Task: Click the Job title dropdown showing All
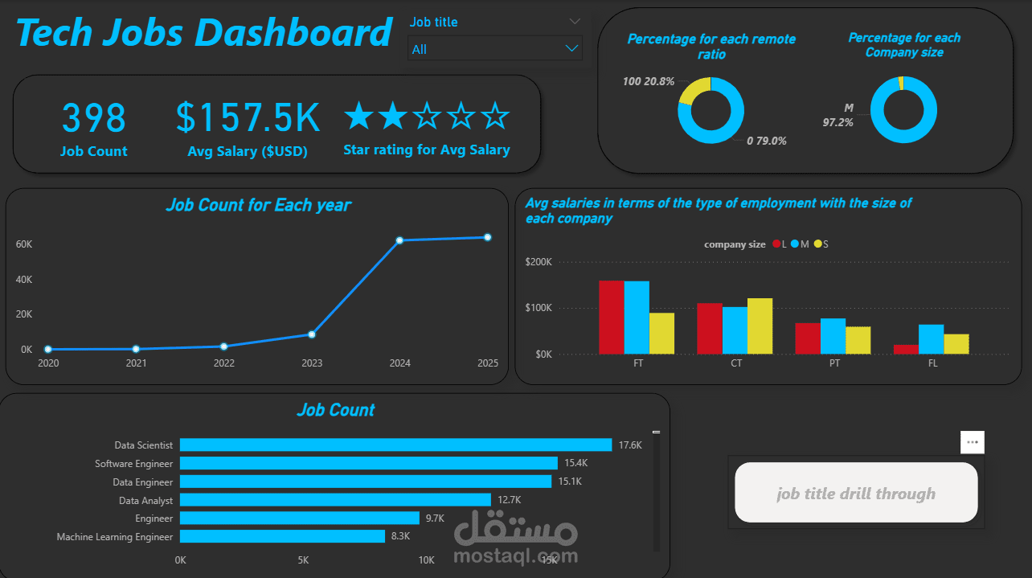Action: [x=493, y=49]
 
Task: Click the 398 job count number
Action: [x=94, y=119]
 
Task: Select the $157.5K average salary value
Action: [x=248, y=119]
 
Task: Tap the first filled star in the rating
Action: [x=359, y=117]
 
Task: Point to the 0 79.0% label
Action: [x=767, y=141]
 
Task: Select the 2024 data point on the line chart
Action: [x=399, y=240]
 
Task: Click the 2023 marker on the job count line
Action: [x=312, y=334]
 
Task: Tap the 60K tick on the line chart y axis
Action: [x=24, y=244]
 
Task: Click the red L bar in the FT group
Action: [x=611, y=318]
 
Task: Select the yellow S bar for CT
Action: [x=760, y=326]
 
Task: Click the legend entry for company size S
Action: [x=821, y=244]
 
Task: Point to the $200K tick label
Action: [x=538, y=262]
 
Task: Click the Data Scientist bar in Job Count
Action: [x=395, y=445]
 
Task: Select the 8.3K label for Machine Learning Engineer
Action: [x=401, y=536]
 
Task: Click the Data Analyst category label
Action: [x=145, y=500]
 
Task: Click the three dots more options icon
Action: [x=972, y=442]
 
